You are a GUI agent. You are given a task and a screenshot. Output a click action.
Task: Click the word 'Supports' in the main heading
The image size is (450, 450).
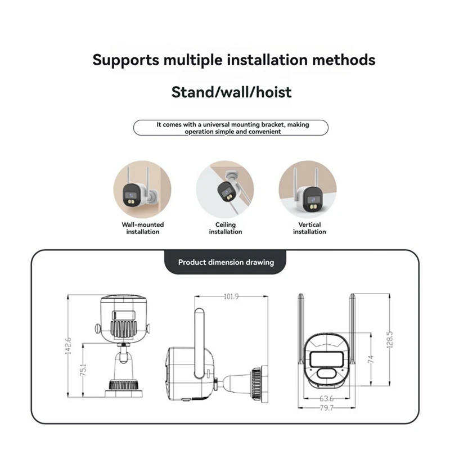125,61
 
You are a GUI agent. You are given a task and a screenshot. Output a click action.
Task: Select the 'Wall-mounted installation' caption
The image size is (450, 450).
143,228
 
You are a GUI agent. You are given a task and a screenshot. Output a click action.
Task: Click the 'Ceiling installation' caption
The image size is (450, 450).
226,228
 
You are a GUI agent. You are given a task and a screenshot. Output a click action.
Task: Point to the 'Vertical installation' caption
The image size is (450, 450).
309,228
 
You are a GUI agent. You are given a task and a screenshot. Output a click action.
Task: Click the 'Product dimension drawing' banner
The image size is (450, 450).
226,262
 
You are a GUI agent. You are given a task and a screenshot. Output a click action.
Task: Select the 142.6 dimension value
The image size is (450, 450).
68,346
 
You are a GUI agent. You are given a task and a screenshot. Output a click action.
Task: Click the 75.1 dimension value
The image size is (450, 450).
83,370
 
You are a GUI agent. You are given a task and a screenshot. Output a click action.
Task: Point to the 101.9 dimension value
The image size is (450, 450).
231,296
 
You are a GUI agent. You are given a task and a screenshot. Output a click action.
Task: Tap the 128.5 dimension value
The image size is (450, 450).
390,340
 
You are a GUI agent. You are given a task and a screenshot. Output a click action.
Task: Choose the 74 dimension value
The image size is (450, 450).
371,359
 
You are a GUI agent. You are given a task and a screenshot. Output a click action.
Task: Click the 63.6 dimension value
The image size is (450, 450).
327,398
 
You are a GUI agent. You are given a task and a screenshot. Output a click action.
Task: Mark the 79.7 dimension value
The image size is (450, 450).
327,407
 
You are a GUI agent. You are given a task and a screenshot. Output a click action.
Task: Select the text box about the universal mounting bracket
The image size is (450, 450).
231,128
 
